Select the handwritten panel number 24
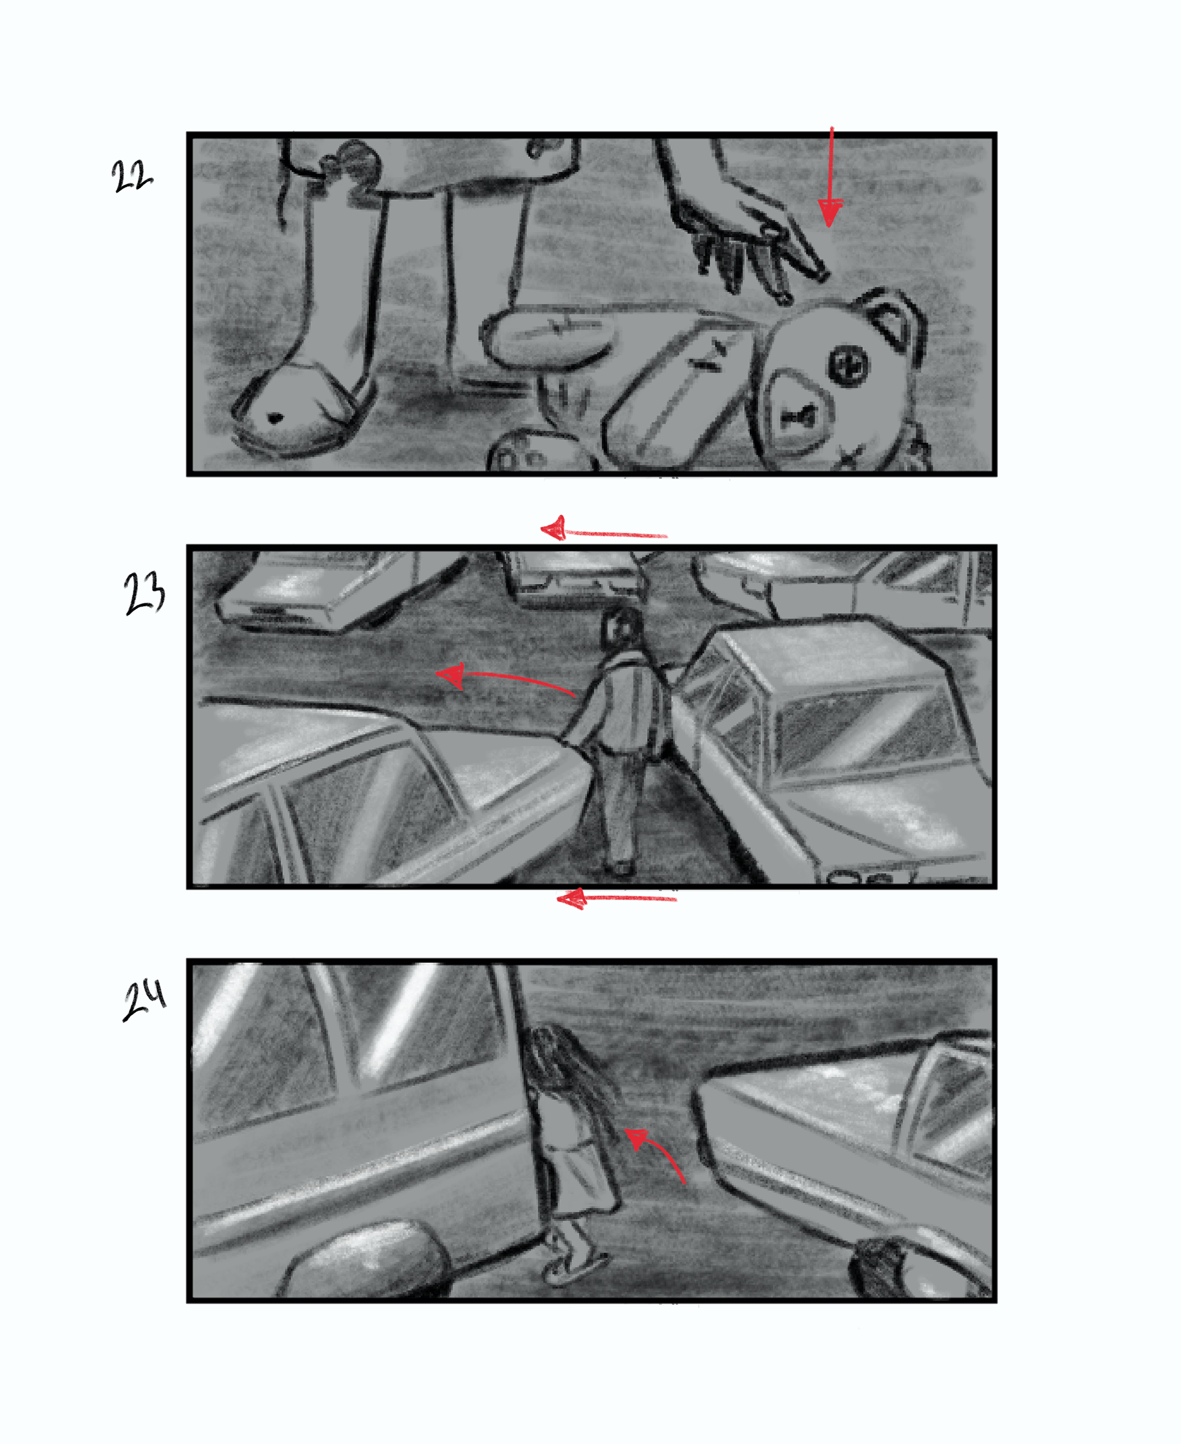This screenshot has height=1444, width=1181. (x=144, y=999)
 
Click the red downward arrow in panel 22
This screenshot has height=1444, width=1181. (x=830, y=177)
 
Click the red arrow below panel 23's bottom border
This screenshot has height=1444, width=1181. (x=616, y=899)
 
